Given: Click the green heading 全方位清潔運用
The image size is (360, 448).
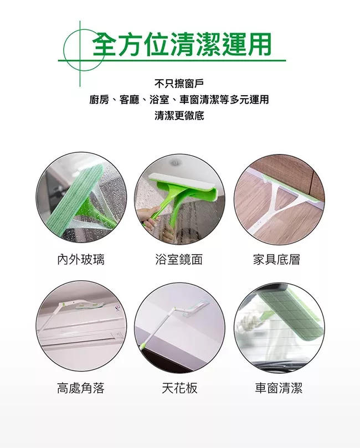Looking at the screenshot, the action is pyautogui.click(x=182, y=44).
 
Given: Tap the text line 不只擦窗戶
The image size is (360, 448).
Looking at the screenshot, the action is pyautogui.click(x=179, y=84).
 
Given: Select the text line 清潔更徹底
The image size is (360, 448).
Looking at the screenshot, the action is pyautogui.click(x=179, y=116).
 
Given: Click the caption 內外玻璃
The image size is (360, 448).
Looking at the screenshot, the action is pyautogui.click(x=81, y=260).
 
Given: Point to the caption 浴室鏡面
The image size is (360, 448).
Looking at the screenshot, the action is pyautogui.click(x=179, y=260).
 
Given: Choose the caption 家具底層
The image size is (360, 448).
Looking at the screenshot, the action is pyautogui.click(x=277, y=260).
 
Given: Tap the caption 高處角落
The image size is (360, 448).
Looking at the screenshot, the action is pyautogui.click(x=81, y=388).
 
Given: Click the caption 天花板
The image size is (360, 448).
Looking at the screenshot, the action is pyautogui.click(x=179, y=388).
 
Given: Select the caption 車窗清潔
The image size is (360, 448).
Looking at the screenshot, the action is pyautogui.click(x=279, y=388).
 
